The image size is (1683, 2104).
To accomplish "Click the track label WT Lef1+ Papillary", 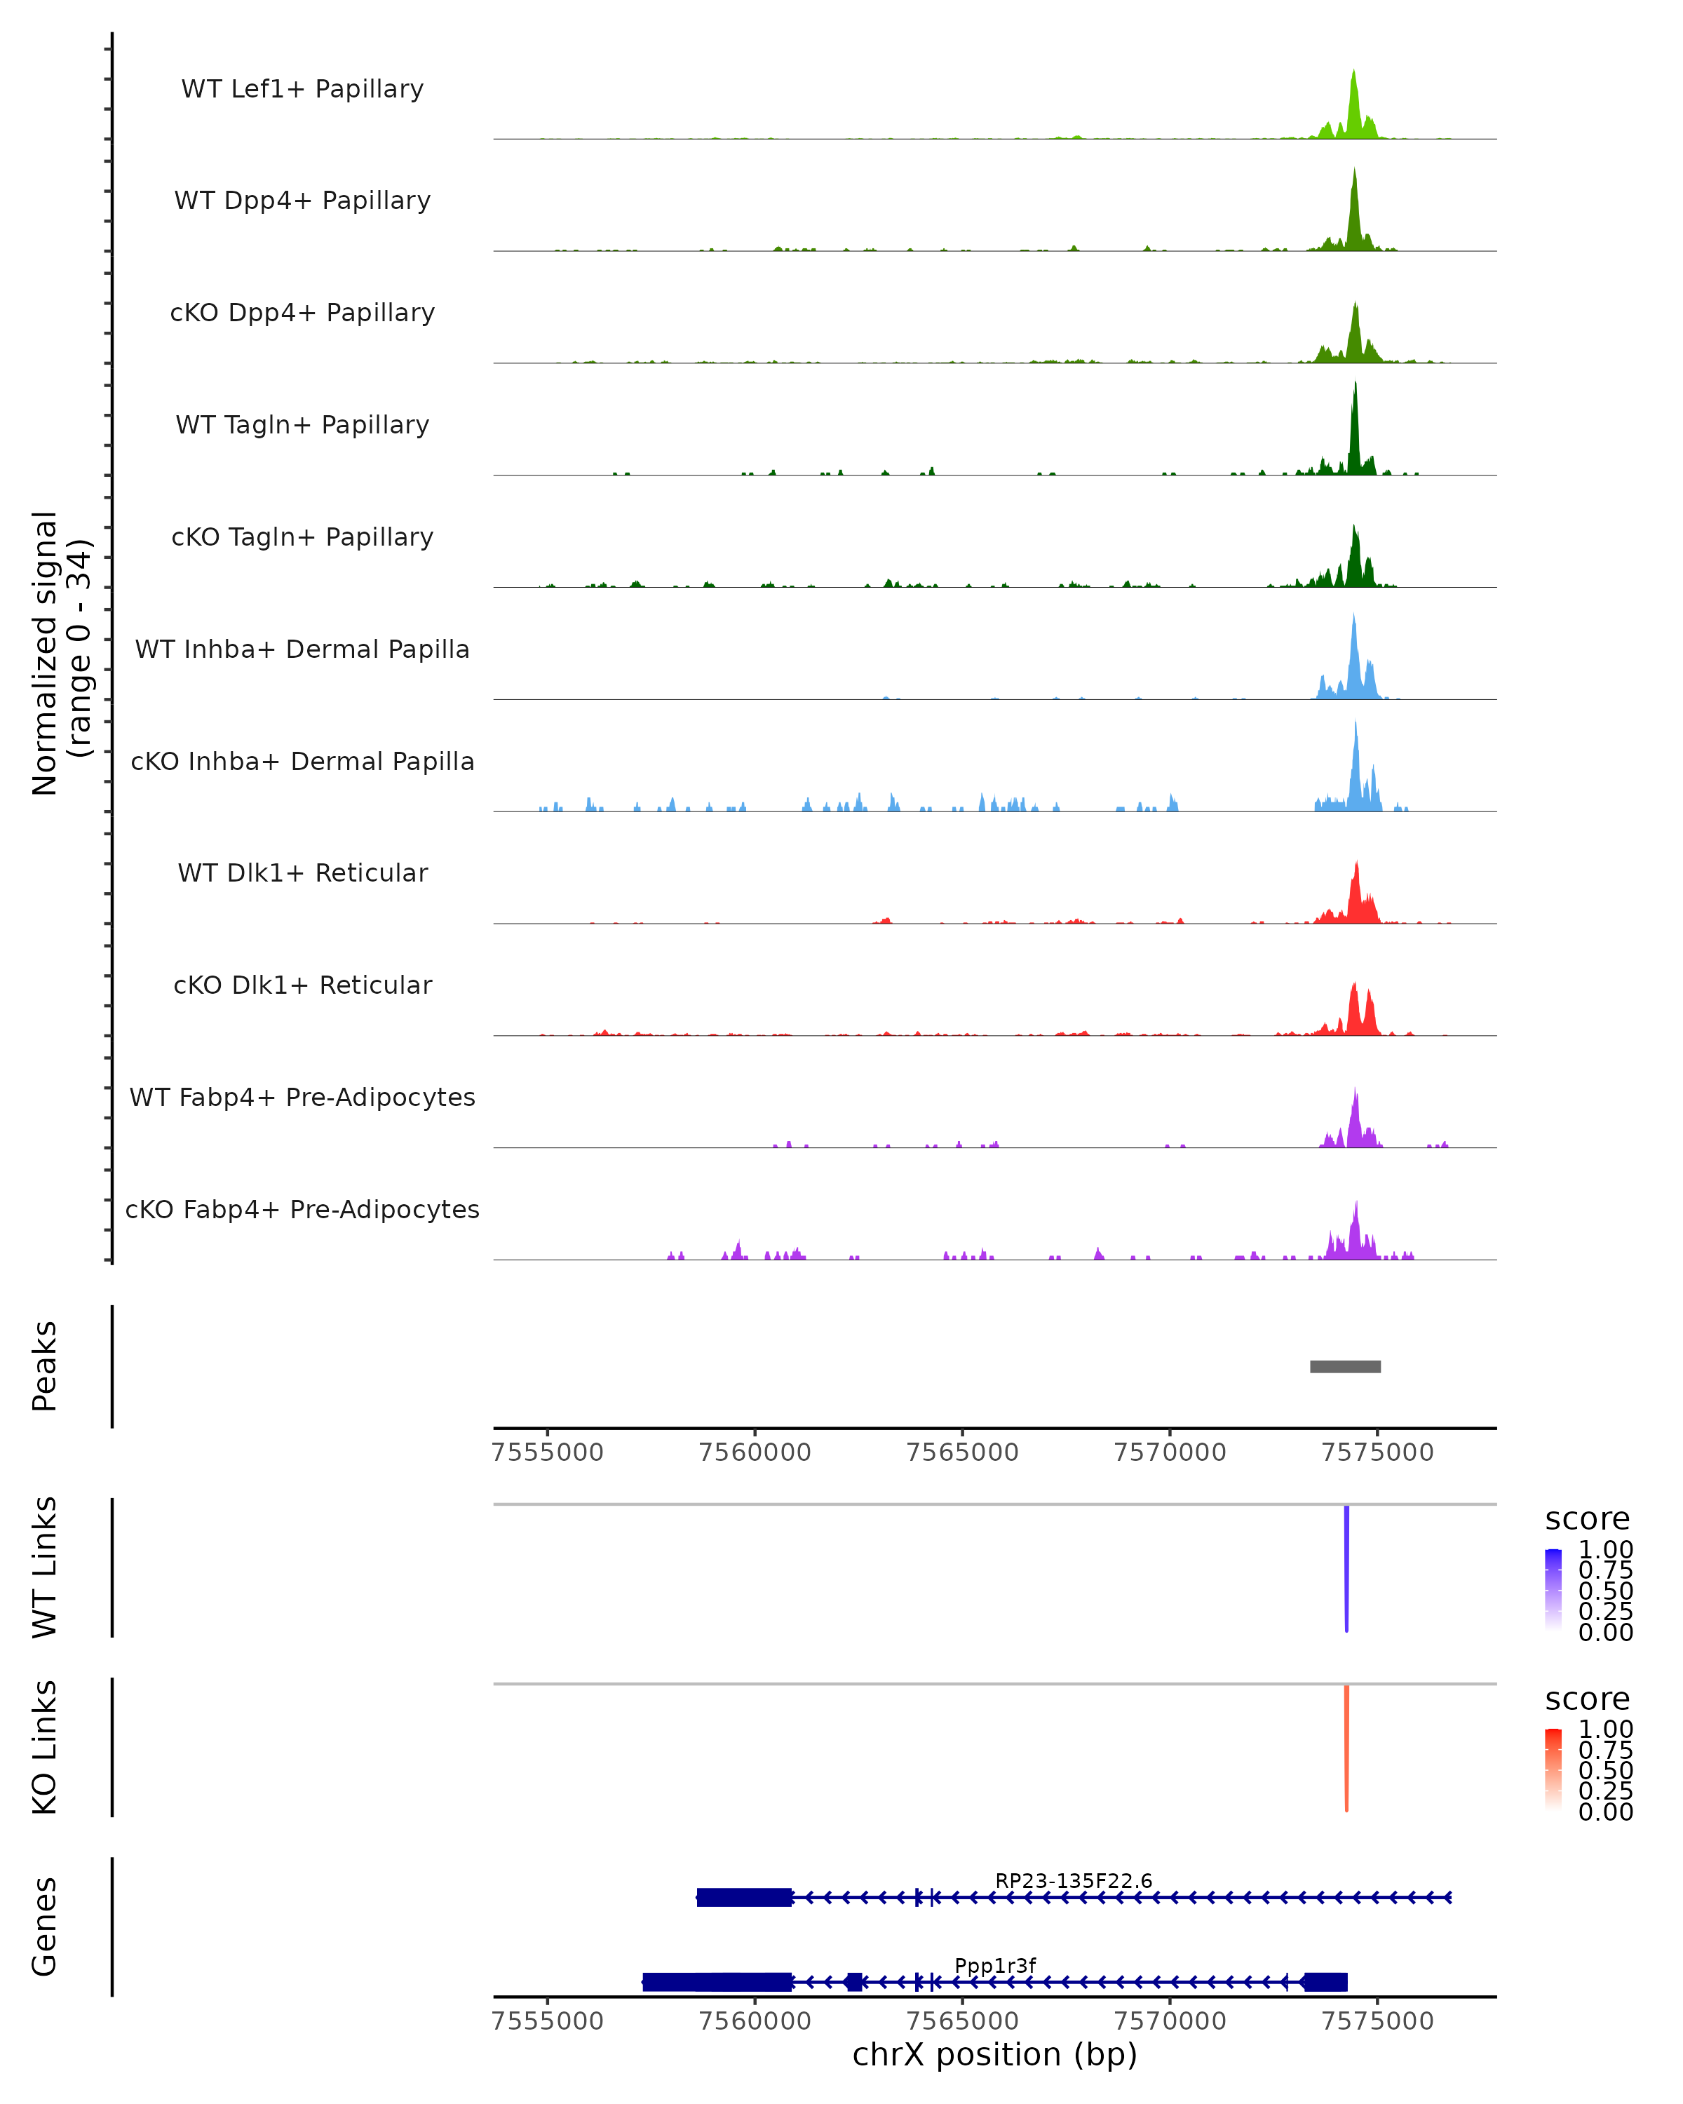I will tap(302, 89).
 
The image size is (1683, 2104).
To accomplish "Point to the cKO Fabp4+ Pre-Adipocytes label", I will tap(302, 1209).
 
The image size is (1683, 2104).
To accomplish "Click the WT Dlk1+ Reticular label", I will tap(302, 872).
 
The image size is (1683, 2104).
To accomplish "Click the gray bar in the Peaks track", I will tap(1344, 1366).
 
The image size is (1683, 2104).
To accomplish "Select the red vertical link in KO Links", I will tap(1346, 1748).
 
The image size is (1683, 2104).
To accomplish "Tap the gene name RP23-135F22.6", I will tap(1073, 1880).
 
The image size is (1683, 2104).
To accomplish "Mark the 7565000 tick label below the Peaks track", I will tap(962, 1452).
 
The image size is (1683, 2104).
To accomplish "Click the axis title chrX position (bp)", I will tap(994, 2054).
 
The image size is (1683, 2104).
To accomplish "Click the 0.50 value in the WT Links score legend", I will tap(1605, 1591).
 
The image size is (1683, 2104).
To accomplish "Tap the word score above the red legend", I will tap(1588, 1699).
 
